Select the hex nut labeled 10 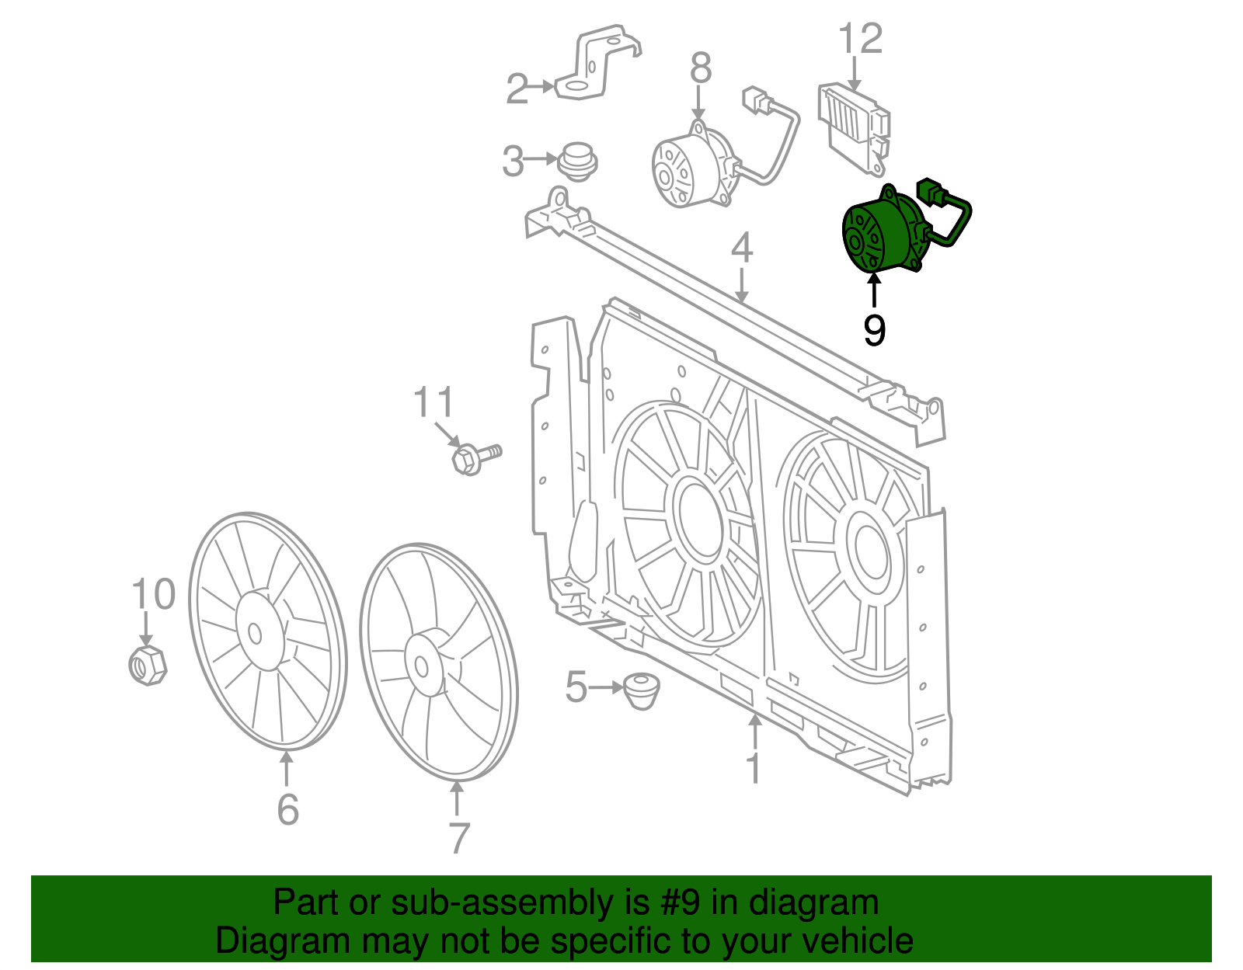coord(147,665)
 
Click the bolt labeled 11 coord(474,457)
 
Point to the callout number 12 coord(861,40)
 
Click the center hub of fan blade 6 coord(255,633)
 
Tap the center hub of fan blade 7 coord(422,666)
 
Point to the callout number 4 coord(742,249)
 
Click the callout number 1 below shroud coord(753,767)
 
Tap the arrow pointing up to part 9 coord(875,292)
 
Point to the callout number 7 coord(459,838)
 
